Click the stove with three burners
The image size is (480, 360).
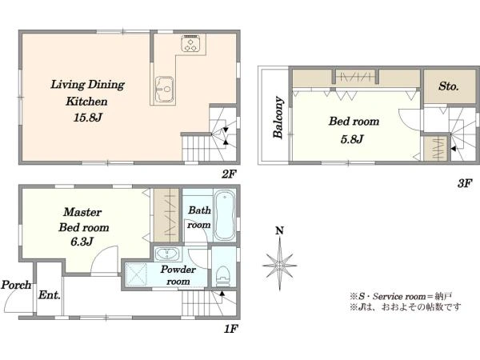click(x=191, y=43)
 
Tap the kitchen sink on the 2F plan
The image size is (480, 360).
click(x=164, y=89)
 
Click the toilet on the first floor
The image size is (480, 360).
click(x=223, y=276)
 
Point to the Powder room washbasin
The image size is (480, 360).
click(x=167, y=254)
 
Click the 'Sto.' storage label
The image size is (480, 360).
click(x=449, y=86)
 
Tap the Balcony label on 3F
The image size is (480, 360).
click(x=278, y=118)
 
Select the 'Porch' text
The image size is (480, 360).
click(x=16, y=285)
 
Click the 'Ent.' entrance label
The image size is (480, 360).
click(x=50, y=295)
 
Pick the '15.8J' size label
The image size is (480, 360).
click(x=87, y=118)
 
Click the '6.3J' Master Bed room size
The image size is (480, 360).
click(x=82, y=242)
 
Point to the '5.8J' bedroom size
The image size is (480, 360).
click(x=352, y=139)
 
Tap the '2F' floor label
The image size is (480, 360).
click(x=230, y=174)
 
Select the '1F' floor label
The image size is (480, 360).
click(x=231, y=329)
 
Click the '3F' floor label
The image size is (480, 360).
click(x=465, y=183)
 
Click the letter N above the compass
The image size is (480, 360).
click(x=279, y=230)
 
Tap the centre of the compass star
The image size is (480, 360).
click(x=279, y=265)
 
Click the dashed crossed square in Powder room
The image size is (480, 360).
click(x=136, y=274)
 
